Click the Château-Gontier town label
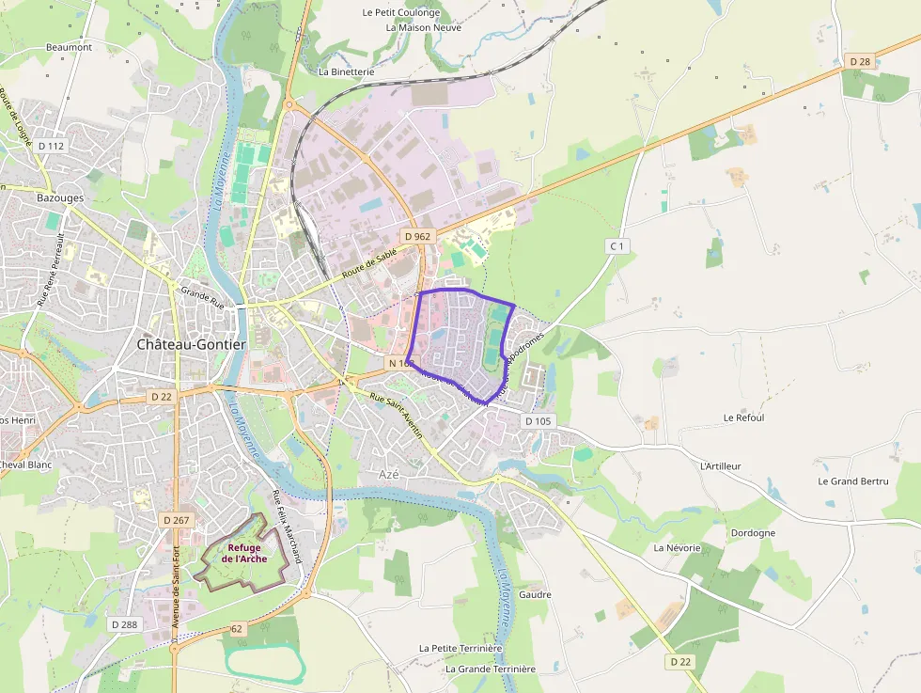pyautogui.click(x=192, y=344)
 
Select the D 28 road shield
pyautogui.click(x=859, y=61)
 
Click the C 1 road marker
pyautogui.click(x=617, y=245)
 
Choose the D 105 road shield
pyautogui.click(x=538, y=420)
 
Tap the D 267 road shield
pyautogui.click(x=175, y=520)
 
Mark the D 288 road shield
pyautogui.click(x=123, y=624)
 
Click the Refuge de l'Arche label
pyautogui.click(x=244, y=553)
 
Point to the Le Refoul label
pyautogui.click(x=743, y=417)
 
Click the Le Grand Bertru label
pyautogui.click(x=852, y=481)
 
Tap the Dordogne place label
pyautogui.click(x=753, y=533)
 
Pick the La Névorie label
pyautogui.click(x=678, y=547)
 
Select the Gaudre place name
pyautogui.click(x=534, y=594)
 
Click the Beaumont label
pyautogui.click(x=69, y=47)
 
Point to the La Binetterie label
pyautogui.click(x=347, y=71)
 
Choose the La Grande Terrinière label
pyautogui.click(x=490, y=669)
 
